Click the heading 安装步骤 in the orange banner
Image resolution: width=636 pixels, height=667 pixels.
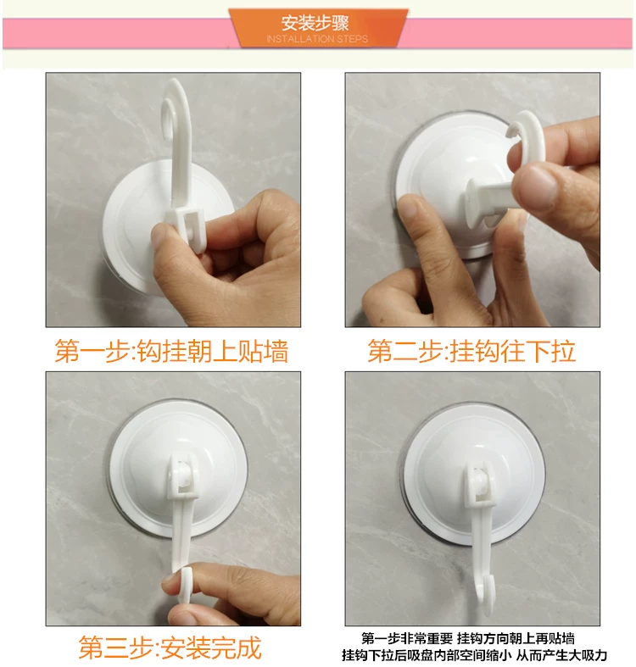tap(315, 23)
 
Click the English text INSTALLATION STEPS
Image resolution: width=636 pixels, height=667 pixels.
tap(317, 39)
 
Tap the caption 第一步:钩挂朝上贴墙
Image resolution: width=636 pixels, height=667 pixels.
tap(172, 351)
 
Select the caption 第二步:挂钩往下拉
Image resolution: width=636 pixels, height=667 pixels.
tap(471, 351)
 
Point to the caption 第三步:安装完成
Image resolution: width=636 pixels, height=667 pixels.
tap(170, 647)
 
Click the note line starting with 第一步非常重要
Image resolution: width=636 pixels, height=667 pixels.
tap(468, 638)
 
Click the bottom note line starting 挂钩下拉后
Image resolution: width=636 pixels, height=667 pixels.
tap(474, 655)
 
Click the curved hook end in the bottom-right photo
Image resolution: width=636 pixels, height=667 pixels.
tap(485, 593)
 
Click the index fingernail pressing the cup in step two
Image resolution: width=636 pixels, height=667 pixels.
tap(410, 208)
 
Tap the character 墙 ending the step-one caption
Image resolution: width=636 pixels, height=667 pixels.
tap(276, 351)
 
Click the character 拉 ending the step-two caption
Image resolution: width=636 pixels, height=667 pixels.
tap(563, 351)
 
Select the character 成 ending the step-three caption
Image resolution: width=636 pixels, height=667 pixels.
tap(248, 647)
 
